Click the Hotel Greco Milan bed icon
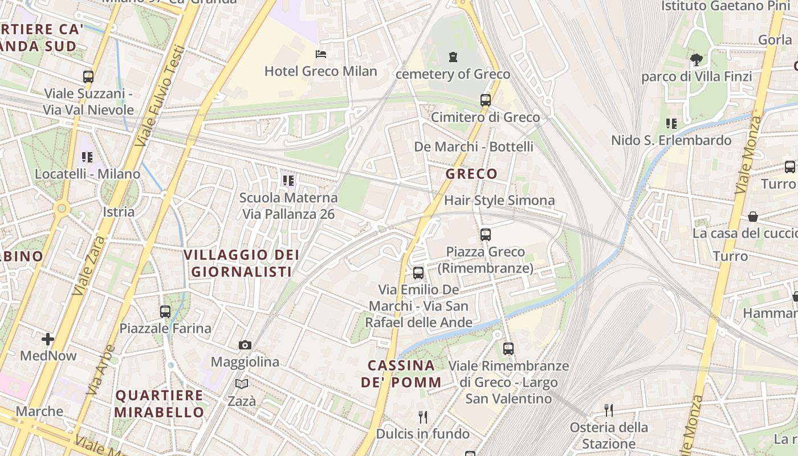(321, 54)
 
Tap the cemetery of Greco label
(453, 74)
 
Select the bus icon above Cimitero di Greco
(485, 100)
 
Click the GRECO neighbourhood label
(471, 174)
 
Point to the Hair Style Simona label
(499, 200)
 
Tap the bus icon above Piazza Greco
(485, 234)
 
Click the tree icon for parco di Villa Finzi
(696, 59)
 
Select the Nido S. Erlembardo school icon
(671, 123)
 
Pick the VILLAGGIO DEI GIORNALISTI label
(242, 263)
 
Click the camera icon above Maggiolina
(245, 345)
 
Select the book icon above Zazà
(242, 384)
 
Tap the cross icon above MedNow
(48, 339)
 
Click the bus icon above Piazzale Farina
(165, 311)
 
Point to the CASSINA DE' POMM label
(401, 373)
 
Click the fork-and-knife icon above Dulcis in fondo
(422, 417)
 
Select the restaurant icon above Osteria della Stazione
(609, 410)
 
